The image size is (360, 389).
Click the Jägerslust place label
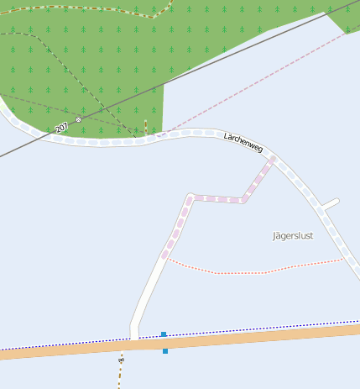pyautogui.click(x=293, y=235)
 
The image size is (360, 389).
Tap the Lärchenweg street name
pyautogui.click(x=243, y=142)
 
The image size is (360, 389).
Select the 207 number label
pyautogui.click(x=60, y=128)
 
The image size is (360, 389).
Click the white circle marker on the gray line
pyautogui.click(x=79, y=119)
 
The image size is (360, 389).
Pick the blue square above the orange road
pyautogui.click(x=164, y=334)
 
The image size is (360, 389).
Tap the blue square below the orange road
pyautogui.click(x=165, y=350)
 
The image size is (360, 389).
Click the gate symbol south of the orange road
pyautogui.click(x=122, y=360)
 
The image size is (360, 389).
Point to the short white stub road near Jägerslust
pyautogui.click(x=331, y=203)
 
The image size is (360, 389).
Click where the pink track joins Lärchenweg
pyautogui.click(x=274, y=157)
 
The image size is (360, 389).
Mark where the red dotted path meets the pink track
pyautogui.click(x=168, y=259)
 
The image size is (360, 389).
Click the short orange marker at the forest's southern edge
pyautogui.click(x=145, y=127)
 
